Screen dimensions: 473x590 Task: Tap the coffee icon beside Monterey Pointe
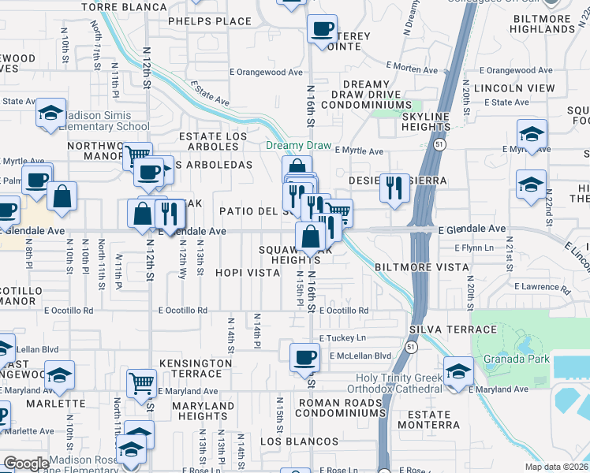coord(321,29)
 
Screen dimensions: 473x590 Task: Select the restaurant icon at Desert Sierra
coord(394,188)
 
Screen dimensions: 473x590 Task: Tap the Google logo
coord(26,464)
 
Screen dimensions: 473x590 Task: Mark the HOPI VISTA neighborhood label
coord(248,273)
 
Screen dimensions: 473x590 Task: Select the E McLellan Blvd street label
coord(355,356)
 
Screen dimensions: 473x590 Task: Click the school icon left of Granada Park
coord(457,371)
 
